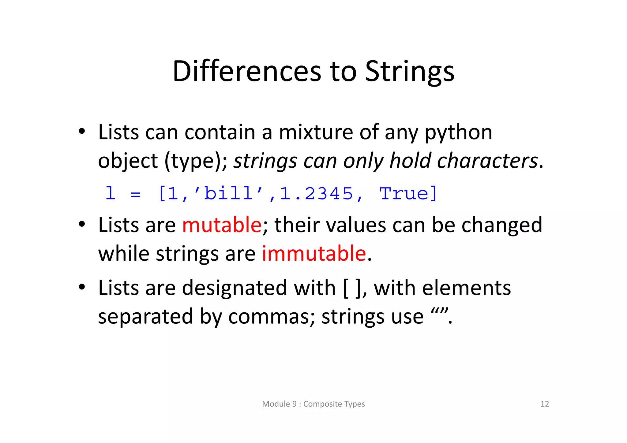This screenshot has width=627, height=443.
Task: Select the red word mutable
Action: pos(222,225)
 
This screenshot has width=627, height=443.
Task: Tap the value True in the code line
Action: pos(404,193)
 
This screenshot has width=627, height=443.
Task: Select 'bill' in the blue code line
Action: pos(228,193)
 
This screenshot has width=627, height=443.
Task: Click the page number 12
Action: pos(545,404)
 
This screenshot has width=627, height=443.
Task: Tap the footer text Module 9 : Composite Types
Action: pos(313,404)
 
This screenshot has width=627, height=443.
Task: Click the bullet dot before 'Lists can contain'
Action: pos(81,132)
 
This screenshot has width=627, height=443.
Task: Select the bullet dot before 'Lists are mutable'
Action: pos(81,225)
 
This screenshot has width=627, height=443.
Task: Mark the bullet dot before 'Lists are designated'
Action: pos(81,287)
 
